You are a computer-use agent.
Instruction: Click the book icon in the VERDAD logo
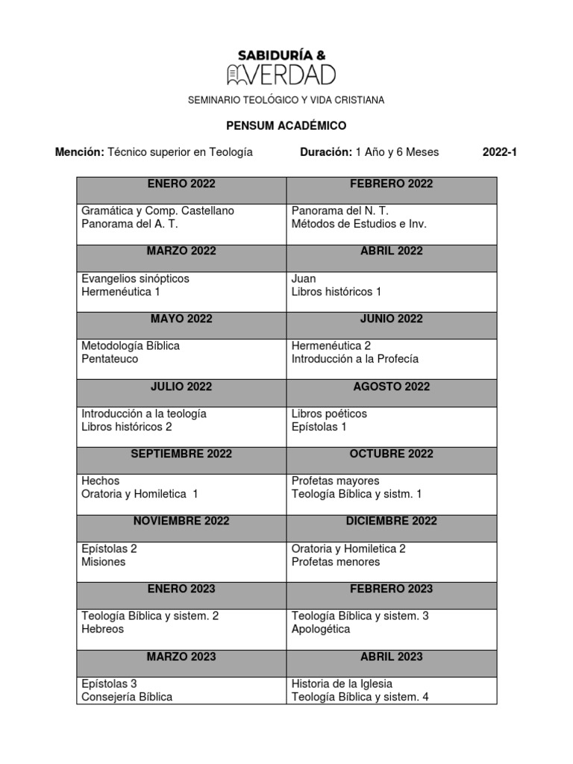click(237, 74)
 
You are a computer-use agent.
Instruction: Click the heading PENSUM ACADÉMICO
click(286, 126)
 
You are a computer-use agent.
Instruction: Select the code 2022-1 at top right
click(499, 152)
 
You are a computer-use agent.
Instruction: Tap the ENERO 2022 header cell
click(181, 184)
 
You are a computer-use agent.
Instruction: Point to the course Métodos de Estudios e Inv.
click(359, 224)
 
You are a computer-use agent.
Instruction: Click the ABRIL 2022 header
click(391, 251)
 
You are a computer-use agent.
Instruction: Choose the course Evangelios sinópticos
click(135, 278)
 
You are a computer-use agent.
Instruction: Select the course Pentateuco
click(110, 359)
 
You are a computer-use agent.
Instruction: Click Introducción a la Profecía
click(354, 359)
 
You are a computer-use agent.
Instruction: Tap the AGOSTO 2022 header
click(391, 386)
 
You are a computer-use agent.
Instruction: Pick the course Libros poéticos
click(329, 413)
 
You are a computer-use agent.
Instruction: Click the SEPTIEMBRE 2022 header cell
click(181, 454)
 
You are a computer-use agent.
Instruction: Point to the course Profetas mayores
click(335, 480)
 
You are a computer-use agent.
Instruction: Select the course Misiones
click(104, 562)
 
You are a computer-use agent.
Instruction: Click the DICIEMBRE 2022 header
click(391, 521)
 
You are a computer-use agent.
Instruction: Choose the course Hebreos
click(103, 629)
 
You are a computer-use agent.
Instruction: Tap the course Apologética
click(321, 629)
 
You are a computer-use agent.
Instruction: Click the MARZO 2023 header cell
click(181, 657)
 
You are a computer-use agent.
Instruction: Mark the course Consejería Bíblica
click(127, 697)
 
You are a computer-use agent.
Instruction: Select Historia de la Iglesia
click(342, 683)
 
